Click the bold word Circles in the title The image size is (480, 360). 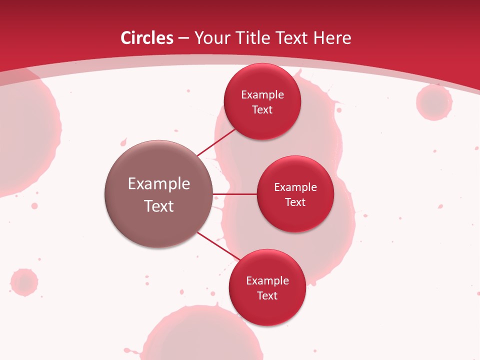point(146,38)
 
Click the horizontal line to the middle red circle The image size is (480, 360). point(234,194)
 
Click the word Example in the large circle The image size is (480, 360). point(159,184)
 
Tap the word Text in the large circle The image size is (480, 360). point(159,206)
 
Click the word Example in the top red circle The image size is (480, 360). point(262,94)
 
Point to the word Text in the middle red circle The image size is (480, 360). point(295,202)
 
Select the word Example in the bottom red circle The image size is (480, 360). point(267,280)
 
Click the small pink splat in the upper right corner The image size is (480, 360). point(434,102)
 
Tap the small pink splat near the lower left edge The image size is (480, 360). point(24,282)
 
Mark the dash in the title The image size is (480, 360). point(183,38)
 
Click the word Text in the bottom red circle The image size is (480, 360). point(267,295)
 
